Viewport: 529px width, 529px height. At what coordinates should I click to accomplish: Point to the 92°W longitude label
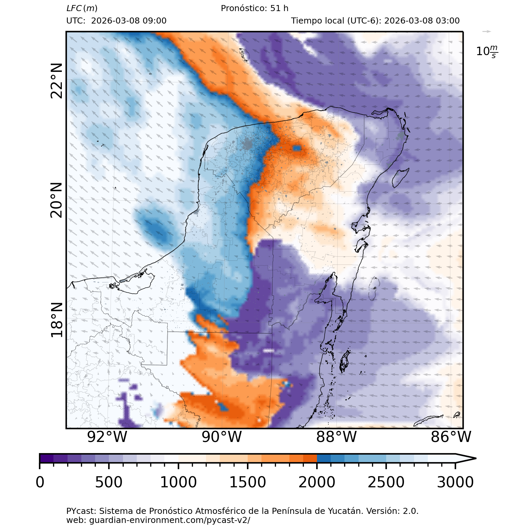point(107,437)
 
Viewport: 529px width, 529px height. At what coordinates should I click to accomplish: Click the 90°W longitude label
point(222,437)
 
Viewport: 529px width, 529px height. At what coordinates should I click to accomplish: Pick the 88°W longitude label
point(336,437)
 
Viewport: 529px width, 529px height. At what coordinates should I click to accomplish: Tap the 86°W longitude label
point(451,437)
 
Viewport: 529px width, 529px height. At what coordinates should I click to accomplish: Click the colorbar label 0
point(40,482)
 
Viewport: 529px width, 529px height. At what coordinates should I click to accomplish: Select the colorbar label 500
point(109,482)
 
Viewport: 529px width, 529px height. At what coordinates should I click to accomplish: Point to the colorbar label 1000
point(178,482)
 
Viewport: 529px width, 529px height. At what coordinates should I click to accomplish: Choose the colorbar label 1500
point(248,482)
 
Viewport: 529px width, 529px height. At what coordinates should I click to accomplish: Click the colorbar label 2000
point(317,482)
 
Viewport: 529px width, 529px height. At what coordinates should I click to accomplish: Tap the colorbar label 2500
point(386,482)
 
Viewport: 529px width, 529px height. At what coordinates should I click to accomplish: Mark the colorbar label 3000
point(455,482)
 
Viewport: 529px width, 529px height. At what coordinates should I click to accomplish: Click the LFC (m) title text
point(82,8)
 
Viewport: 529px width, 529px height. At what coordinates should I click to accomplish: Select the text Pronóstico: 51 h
point(254,8)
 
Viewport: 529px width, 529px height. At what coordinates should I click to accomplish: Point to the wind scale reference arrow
point(487,32)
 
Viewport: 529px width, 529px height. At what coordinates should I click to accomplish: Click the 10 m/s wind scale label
point(487,51)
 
